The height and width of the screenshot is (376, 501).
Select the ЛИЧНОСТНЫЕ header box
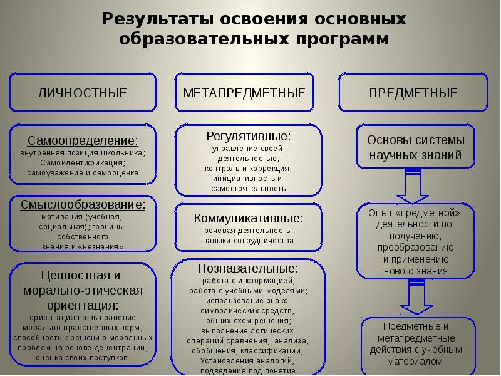(82, 93)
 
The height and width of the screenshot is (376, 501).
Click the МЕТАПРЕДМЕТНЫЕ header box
(244, 93)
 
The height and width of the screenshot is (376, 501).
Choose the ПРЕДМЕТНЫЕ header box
(413, 93)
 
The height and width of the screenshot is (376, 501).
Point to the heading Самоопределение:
(83, 140)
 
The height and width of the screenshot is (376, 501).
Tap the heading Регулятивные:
(249, 135)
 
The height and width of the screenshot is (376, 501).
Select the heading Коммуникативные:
(249, 219)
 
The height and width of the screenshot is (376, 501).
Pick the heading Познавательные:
(249, 268)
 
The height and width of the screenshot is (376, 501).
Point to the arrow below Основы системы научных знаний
(413, 184)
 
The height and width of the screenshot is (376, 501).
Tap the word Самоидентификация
(82, 162)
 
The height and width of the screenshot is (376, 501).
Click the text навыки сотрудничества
(249, 241)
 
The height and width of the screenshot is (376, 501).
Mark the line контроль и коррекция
(249, 169)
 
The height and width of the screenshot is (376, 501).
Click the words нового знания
(415, 271)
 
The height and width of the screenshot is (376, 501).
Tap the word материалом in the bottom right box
(415, 362)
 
